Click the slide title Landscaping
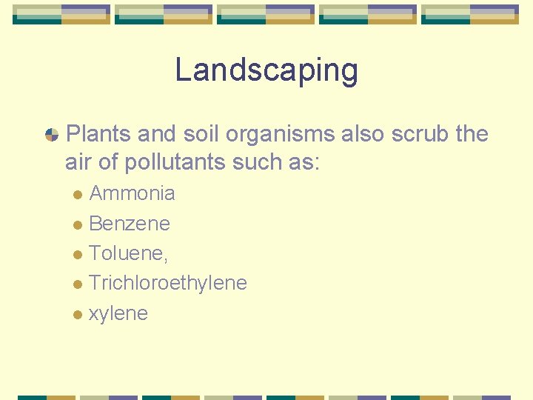click(266, 71)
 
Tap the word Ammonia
click(132, 194)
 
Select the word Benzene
click(130, 224)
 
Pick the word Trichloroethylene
click(168, 283)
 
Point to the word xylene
click(118, 314)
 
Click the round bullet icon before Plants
click(52, 135)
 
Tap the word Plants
click(98, 134)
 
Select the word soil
click(201, 134)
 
